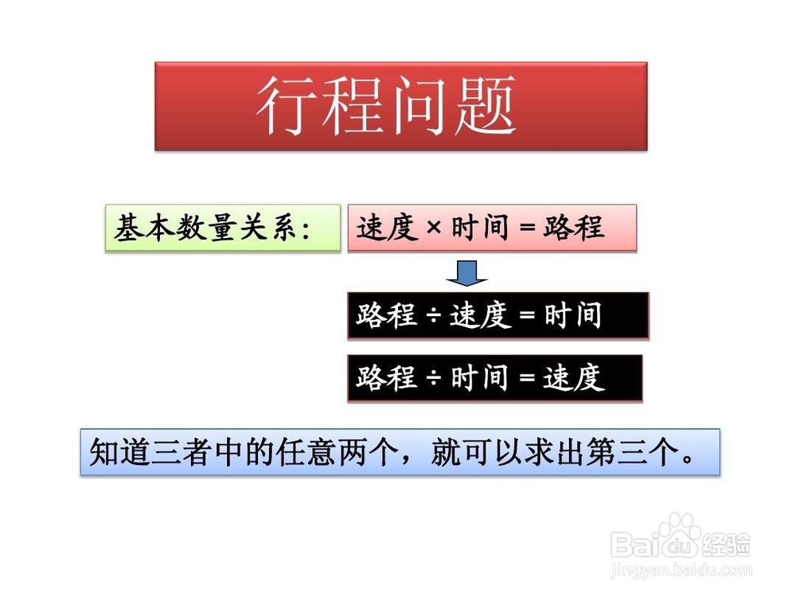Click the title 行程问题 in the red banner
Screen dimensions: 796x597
point(387,106)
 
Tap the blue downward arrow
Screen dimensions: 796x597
point(467,273)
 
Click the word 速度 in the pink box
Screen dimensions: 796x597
point(387,227)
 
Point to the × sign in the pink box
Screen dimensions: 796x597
point(434,227)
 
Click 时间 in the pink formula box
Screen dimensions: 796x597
point(480,227)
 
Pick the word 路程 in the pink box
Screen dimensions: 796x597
point(574,227)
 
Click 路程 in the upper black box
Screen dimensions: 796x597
point(386,314)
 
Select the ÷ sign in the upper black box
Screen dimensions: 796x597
point(434,315)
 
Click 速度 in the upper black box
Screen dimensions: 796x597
point(480,314)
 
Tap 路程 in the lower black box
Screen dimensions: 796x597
point(386,377)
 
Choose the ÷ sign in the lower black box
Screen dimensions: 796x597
point(434,378)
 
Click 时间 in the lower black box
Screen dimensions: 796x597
point(480,377)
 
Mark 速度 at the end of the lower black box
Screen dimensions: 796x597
point(574,377)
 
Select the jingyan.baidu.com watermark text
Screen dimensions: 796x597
point(681,570)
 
